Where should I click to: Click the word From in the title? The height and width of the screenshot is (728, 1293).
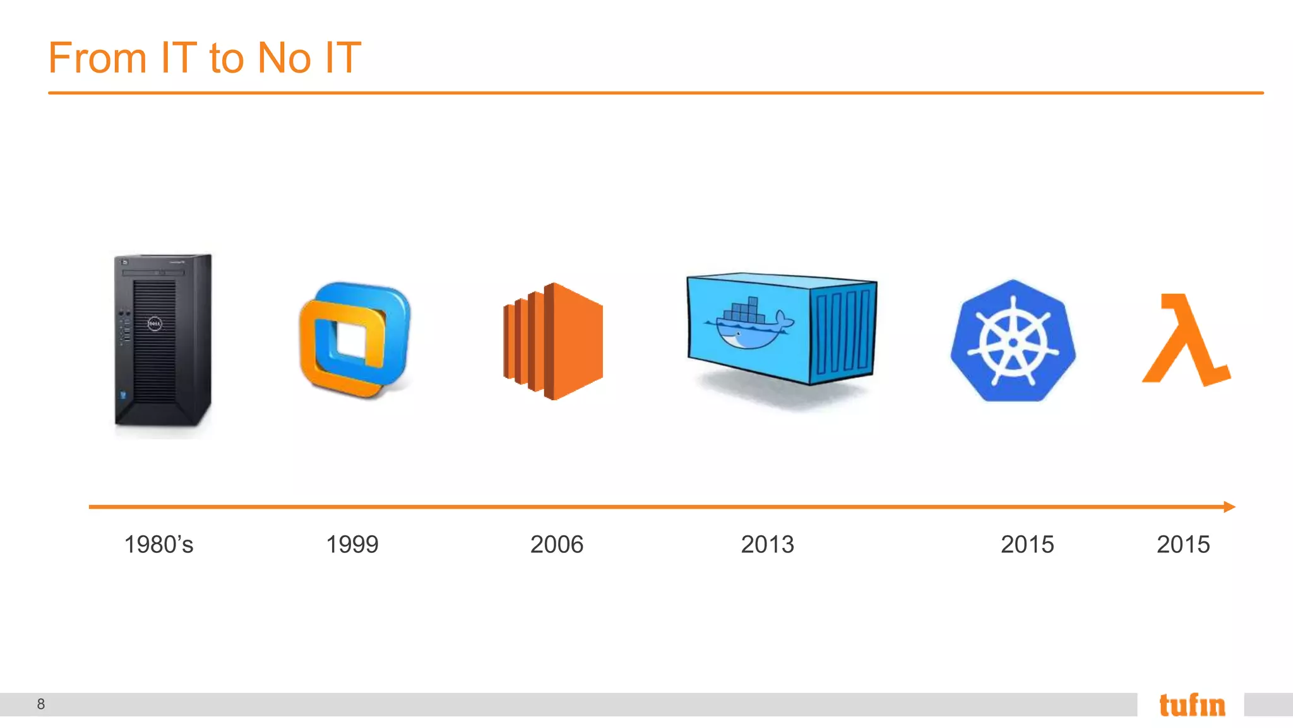click(x=97, y=58)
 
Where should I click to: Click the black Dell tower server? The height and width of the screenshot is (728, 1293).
click(x=162, y=341)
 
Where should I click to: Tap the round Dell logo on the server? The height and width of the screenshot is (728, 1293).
click(x=155, y=324)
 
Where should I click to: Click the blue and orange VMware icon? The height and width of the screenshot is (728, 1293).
click(x=355, y=340)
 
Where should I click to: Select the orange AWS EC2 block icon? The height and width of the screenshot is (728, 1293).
click(x=553, y=341)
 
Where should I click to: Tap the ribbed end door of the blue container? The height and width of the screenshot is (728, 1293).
click(x=843, y=332)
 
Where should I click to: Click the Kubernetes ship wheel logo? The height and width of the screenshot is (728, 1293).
click(x=1013, y=341)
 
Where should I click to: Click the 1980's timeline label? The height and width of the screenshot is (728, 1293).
click(x=158, y=544)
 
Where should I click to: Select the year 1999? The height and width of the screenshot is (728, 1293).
click(x=352, y=544)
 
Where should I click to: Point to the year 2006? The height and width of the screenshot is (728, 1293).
click(x=556, y=544)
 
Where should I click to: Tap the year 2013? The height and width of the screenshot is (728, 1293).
click(x=767, y=544)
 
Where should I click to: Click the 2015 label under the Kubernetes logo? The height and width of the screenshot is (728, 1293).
click(x=1027, y=544)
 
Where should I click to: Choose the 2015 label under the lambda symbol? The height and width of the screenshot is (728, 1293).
click(x=1183, y=544)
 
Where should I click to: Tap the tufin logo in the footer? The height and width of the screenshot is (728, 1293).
click(x=1192, y=705)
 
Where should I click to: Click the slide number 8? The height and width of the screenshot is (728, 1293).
click(x=41, y=704)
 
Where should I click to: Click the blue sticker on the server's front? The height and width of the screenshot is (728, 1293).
click(x=123, y=396)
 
